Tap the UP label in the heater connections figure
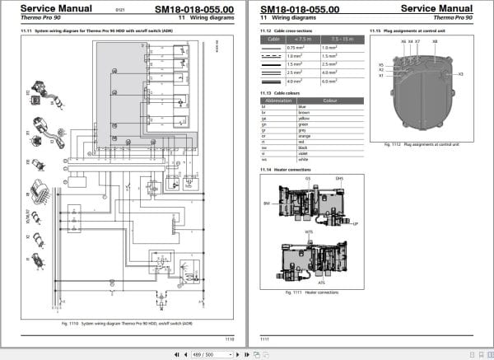(x=355, y=223)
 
